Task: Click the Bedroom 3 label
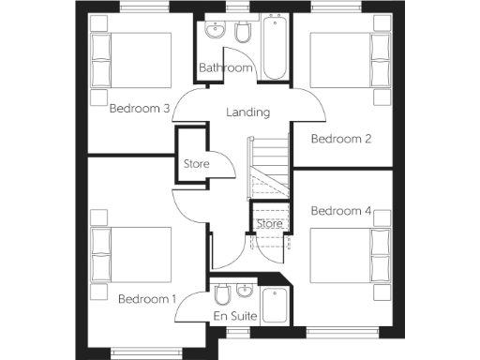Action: (140, 109)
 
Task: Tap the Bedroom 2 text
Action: (341, 139)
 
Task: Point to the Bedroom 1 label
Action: (147, 299)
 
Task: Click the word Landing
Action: (248, 112)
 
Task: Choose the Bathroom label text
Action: (226, 68)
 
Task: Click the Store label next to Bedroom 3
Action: (196, 165)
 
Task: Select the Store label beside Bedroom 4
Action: (270, 224)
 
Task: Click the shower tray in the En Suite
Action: (277, 306)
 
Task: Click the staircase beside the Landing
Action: (267, 169)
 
